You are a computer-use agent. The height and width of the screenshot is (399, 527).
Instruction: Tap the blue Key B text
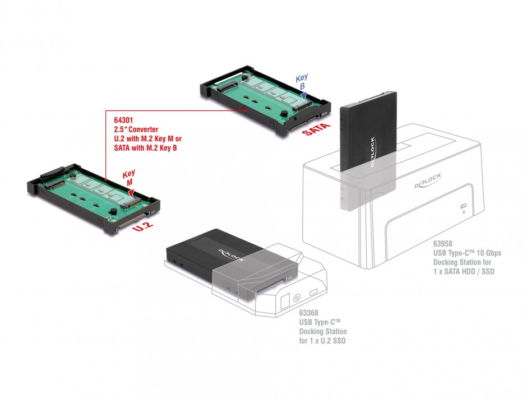(x=302, y=82)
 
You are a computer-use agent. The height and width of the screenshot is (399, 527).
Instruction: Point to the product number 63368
(x=310, y=313)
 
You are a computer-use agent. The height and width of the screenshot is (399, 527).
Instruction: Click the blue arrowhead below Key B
(x=303, y=97)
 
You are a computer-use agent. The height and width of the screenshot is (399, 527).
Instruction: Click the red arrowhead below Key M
(x=131, y=193)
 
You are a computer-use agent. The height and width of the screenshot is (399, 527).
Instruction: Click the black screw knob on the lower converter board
(x=112, y=211)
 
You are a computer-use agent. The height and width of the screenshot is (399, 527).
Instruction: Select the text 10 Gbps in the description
(x=486, y=253)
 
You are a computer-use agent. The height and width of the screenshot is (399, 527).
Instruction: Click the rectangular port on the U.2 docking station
(x=284, y=300)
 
